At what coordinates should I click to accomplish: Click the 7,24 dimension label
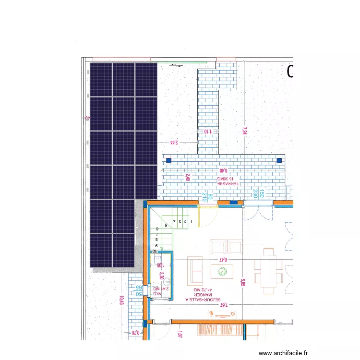244,131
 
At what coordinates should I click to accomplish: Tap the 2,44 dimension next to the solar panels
174,142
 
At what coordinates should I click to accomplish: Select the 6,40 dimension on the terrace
223,170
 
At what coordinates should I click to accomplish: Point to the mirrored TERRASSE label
228,183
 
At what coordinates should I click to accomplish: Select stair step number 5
166,225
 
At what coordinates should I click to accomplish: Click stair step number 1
191,221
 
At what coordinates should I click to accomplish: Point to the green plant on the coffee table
222,271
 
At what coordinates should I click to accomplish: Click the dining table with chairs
266,271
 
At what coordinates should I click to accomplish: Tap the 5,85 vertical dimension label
243,283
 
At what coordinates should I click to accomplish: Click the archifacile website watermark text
283,353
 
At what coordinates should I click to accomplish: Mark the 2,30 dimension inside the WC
162,276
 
